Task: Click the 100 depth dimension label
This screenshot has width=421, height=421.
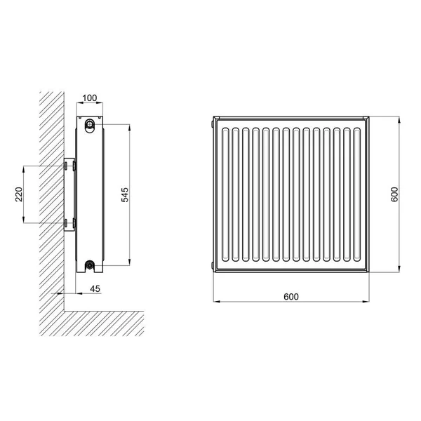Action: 89,98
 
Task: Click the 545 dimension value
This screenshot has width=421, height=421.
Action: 125,195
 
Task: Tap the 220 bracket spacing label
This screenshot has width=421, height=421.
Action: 19,194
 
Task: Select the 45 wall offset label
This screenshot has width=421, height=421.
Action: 95,289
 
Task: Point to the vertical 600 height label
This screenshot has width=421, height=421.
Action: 394,194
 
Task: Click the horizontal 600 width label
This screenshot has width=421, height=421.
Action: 291,297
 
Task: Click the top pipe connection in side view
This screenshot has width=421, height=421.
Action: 89,124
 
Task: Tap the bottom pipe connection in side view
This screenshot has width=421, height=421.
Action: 89,265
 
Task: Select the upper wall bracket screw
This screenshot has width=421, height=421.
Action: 65,166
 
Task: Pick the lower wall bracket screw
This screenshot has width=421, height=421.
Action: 65,222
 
